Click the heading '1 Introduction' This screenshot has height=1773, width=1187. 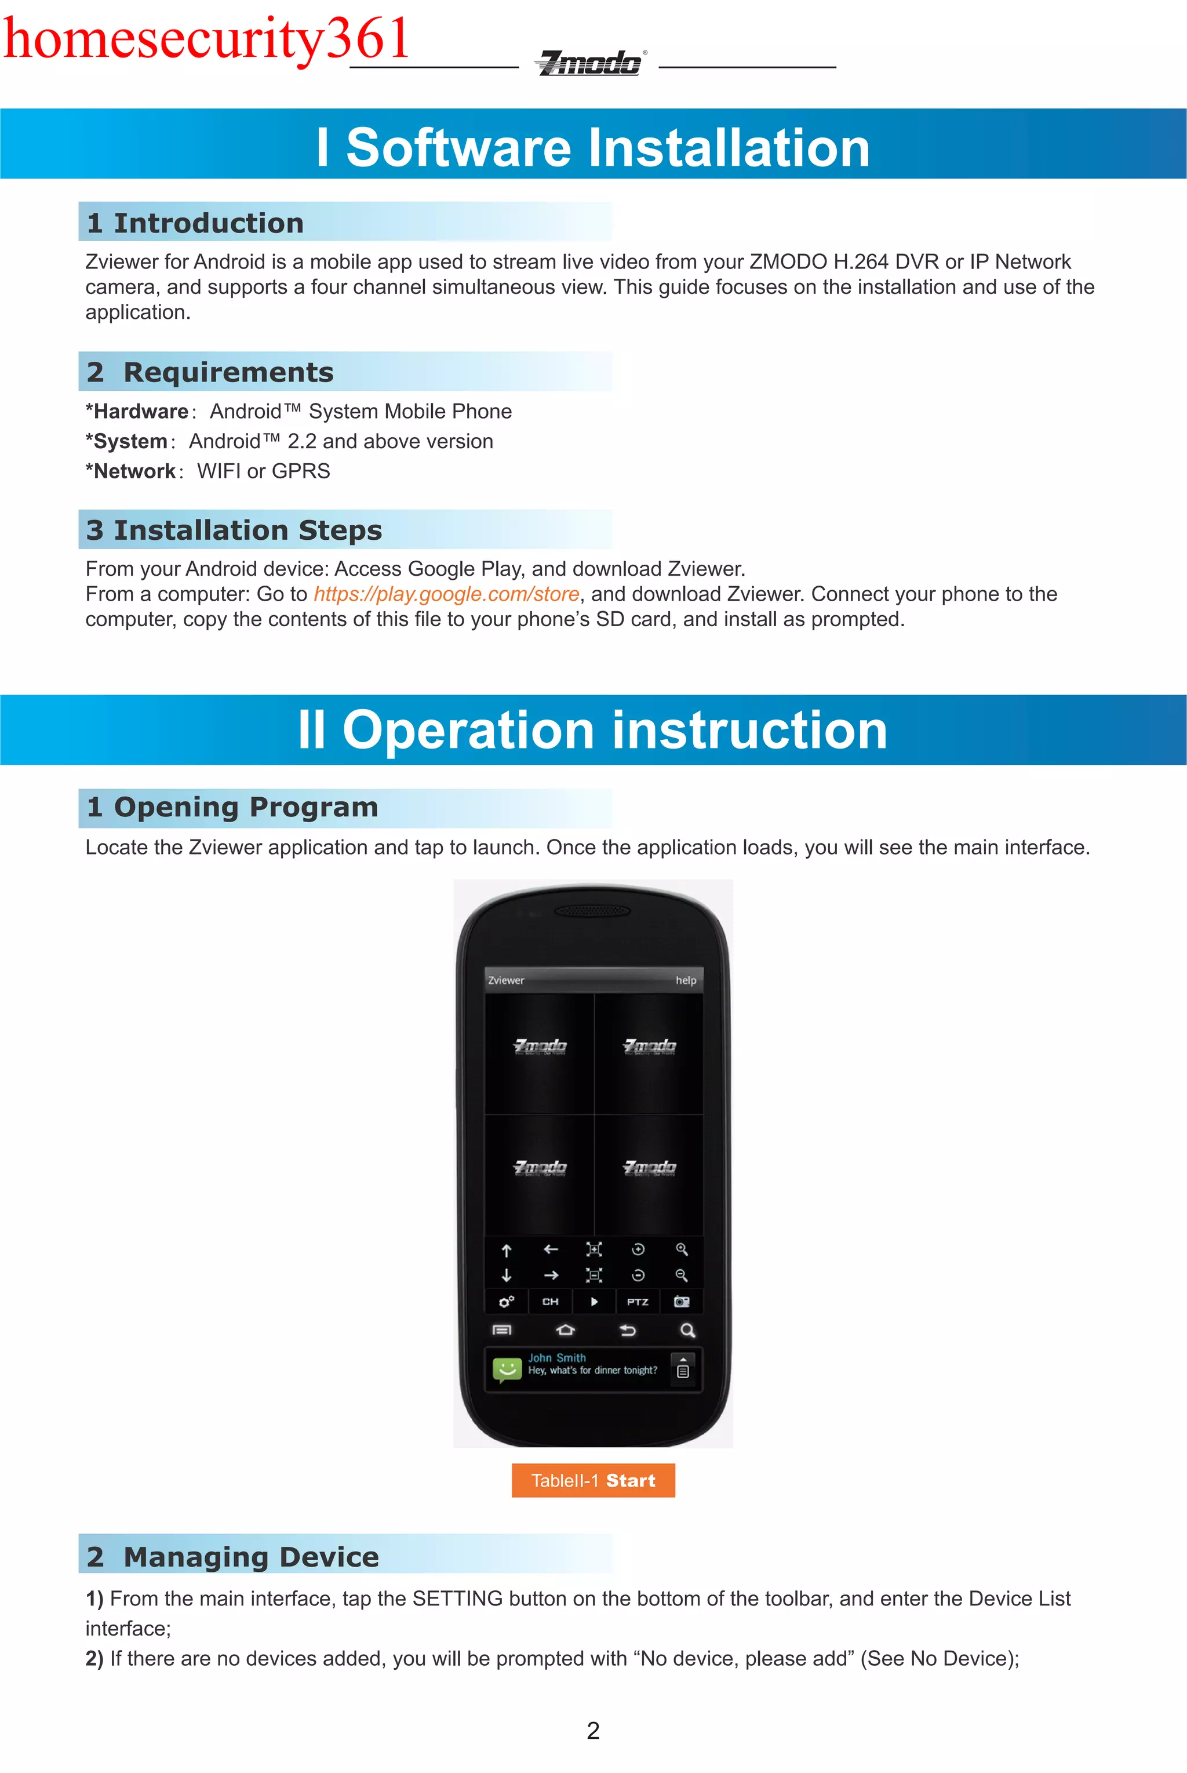195,223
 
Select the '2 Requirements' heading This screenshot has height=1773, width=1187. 210,372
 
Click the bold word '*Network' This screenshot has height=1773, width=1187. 131,471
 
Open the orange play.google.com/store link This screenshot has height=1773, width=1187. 447,594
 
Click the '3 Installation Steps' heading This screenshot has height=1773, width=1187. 234,530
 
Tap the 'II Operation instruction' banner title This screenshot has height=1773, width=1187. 593,730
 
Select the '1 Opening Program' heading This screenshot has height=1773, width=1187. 232,807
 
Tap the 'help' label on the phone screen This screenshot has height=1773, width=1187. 686,980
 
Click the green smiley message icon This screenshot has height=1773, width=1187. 507,1369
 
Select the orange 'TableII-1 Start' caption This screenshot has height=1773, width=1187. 593,1480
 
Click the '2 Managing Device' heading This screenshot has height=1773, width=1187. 233,1557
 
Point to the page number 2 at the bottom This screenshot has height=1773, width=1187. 593,1731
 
